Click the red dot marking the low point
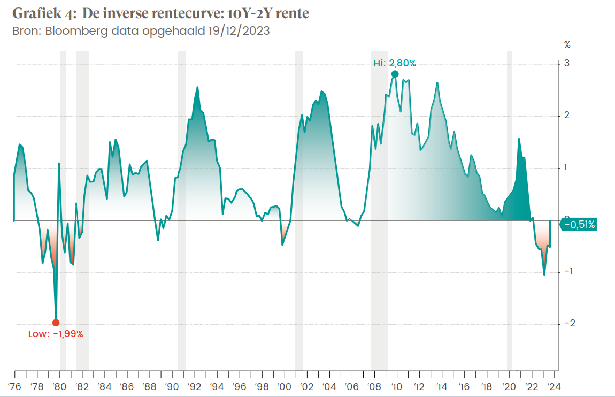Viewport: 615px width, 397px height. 56,323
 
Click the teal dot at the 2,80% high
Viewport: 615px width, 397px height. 395,74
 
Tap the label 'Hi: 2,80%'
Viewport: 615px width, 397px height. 395,63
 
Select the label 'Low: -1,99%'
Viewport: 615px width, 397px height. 56,334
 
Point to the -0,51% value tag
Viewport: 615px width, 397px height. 580,225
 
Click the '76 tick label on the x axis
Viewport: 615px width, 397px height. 14,387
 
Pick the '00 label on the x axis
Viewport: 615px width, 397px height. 283,387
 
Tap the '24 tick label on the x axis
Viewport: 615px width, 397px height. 553,387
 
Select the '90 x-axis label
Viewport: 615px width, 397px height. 171,387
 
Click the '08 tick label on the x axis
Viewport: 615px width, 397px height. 374,387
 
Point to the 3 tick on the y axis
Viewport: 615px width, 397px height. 566,64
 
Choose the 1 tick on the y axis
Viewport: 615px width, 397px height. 566,167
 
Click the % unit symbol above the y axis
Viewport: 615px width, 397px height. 567,44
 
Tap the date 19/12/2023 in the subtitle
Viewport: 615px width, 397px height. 238,30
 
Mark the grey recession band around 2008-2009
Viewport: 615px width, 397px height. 379,214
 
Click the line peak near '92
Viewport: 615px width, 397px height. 197,87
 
